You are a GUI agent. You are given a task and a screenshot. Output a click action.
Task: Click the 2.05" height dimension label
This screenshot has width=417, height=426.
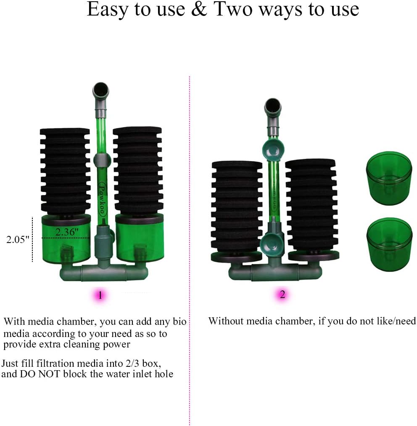[x=18, y=240]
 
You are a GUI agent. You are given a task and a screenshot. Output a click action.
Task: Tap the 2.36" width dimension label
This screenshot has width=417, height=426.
[x=67, y=232]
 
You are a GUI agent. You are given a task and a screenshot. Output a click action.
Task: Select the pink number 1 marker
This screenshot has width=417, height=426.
[x=100, y=295]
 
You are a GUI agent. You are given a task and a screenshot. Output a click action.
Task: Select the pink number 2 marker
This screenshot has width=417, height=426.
[x=282, y=294]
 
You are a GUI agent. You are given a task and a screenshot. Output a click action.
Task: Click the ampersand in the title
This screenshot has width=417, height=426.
[x=199, y=10]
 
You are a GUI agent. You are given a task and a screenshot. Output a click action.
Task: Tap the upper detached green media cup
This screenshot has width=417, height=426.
[x=389, y=178]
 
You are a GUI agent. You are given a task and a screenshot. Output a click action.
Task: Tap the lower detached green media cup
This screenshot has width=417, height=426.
[x=389, y=244]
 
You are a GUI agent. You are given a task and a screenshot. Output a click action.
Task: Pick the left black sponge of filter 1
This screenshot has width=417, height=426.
[x=65, y=171]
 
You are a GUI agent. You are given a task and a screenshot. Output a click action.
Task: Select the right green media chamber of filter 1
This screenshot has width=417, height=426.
[x=140, y=238]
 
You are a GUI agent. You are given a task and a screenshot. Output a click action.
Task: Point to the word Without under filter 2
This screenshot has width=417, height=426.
[x=226, y=321]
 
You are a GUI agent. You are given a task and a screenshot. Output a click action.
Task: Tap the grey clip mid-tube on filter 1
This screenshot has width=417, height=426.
[x=102, y=160]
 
